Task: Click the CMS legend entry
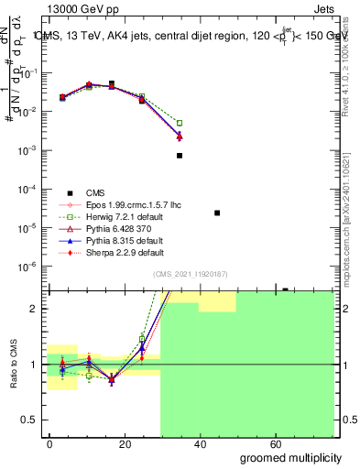pos(94,191)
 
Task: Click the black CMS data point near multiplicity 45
pos(217,213)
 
